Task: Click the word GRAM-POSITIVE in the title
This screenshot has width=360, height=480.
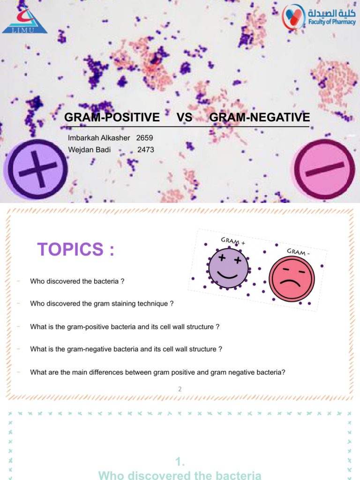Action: pos(112,117)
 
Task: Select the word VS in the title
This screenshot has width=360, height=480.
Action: pos(185,117)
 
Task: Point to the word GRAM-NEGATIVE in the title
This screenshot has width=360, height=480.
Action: pos(260,117)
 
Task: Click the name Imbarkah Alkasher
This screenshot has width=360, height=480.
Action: pos(99,138)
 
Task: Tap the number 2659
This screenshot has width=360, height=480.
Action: pos(144,138)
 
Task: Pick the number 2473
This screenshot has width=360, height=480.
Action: pos(145,150)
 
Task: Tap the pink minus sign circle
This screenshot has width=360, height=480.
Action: pos(324,169)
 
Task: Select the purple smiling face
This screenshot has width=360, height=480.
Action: pos(229,268)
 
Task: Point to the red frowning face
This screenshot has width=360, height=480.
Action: pos(290,280)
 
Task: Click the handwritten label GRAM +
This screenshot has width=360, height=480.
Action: pos(233,242)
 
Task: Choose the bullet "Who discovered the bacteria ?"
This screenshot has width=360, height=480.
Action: pos(77,281)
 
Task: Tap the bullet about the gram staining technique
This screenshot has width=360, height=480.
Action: pos(102,304)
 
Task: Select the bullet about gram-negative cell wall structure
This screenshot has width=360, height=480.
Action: pos(126,349)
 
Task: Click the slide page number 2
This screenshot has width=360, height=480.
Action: pos(180,389)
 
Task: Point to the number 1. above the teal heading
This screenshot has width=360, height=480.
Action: pos(180,462)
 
